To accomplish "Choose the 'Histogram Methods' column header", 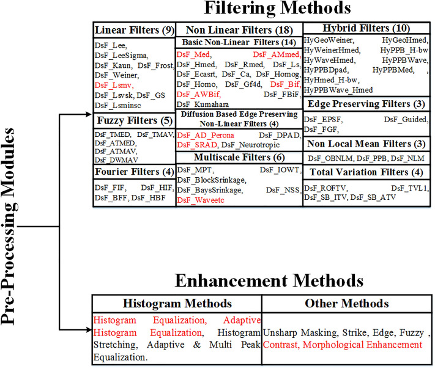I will click(176, 304).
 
